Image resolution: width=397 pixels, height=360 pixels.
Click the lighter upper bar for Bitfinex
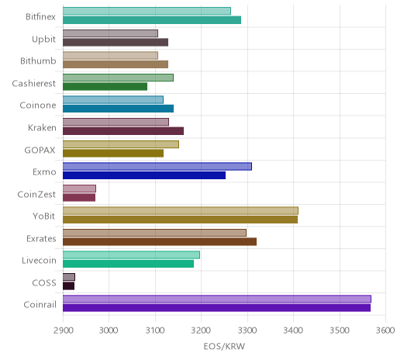pos(147,11)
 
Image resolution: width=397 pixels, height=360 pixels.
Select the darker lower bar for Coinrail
pos(216,308)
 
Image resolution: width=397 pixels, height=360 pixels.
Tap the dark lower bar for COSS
pos(68,286)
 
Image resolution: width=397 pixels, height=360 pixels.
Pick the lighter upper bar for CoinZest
pos(79,189)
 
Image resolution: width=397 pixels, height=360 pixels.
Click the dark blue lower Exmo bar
pos(144,175)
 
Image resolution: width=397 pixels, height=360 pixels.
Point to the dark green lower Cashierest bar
pos(105,87)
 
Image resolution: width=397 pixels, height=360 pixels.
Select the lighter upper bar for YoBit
pos(181,210)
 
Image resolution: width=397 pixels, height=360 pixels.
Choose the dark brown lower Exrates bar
pos(160,241)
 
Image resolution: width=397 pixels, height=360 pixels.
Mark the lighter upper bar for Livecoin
pos(131,254)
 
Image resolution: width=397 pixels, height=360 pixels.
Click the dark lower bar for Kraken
pos(123,131)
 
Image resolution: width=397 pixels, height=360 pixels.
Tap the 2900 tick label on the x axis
pos(63,331)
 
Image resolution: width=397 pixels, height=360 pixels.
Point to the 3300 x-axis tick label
pos(247,331)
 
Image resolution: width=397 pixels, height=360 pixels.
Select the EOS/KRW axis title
pos(224,346)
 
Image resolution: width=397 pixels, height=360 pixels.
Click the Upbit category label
pos(43,40)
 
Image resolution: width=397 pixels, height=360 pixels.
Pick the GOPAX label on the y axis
pos(40,151)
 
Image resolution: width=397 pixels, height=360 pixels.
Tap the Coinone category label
pos(38,106)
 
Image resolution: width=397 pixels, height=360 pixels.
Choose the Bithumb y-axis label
pos(38,61)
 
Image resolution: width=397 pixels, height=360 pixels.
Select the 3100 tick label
pos(155,331)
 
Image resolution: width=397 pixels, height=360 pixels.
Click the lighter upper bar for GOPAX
pos(121,144)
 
